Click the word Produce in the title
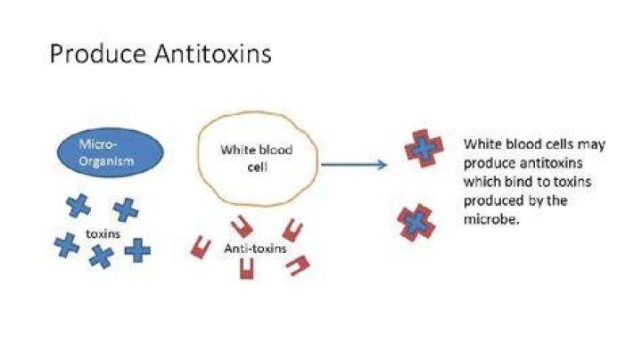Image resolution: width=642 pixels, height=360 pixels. tap(97, 53)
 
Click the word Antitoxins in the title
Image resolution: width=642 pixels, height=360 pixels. tap(213, 53)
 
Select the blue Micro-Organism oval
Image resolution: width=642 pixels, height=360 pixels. tap(111, 152)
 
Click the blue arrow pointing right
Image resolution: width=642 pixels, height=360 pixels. tap(354, 165)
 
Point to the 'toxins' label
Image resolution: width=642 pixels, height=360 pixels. tap(103, 234)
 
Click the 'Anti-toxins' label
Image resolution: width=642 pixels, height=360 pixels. tap(255, 249)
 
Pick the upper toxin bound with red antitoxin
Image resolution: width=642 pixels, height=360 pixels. tap(424, 149)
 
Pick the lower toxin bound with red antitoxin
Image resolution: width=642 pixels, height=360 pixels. tap(416, 223)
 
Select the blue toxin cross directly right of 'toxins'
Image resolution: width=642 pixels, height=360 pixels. tap(137, 250)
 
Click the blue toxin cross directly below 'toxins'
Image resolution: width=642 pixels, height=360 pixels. tap(101, 257)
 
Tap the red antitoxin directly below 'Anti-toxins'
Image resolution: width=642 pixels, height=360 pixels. tap(246, 268)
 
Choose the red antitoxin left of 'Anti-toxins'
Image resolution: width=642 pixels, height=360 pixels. tap(201, 247)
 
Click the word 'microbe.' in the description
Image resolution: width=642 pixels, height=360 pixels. tap(491, 219)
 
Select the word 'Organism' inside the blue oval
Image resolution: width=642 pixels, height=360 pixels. tap(106, 160)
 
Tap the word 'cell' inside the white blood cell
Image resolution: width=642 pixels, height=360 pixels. tap(257, 167)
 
